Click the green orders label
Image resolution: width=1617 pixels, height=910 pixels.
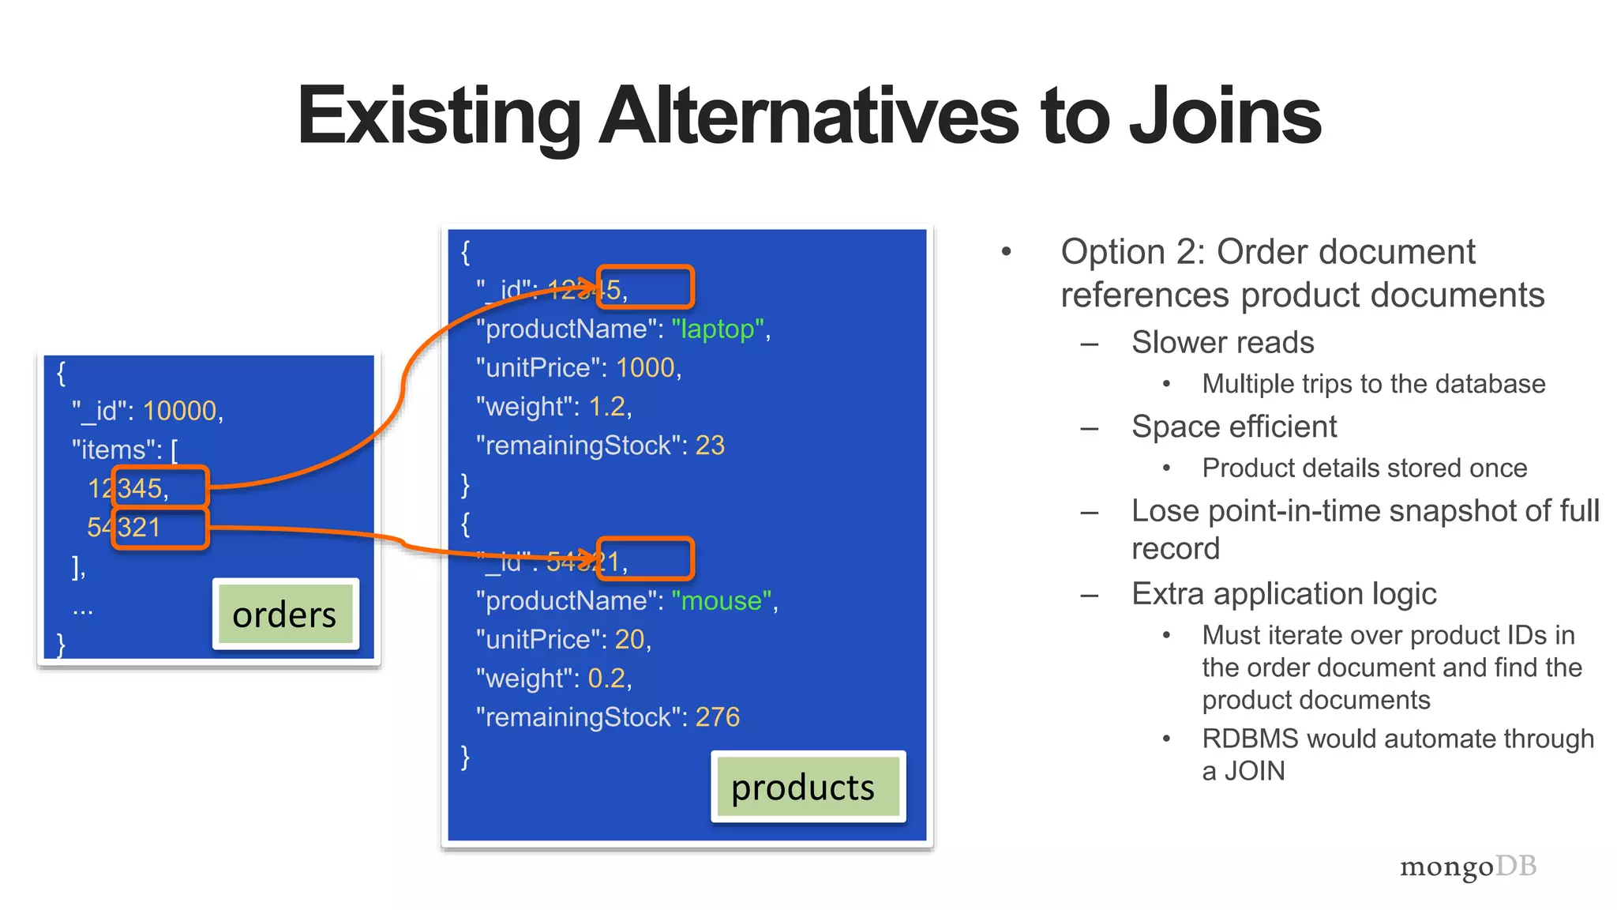click(284, 615)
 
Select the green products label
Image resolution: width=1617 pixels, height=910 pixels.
click(803, 788)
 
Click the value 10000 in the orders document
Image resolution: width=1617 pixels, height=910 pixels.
click(180, 411)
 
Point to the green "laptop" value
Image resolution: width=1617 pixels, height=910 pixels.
click(718, 329)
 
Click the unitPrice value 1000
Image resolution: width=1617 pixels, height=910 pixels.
click(645, 368)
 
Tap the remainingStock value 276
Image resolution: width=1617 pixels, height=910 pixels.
click(717, 717)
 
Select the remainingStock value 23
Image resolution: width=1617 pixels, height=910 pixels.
click(710, 446)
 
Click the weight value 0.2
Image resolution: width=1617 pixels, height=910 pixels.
click(606, 679)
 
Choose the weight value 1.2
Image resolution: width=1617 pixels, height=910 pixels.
click(607, 407)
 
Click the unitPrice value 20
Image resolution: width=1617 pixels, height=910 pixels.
click(630, 640)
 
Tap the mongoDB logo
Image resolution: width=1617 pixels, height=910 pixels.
click(1468, 867)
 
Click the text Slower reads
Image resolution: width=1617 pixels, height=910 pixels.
click(1222, 343)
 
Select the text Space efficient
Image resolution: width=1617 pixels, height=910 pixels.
click(1234, 427)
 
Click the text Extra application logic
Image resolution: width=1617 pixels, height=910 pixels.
click(1284, 594)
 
